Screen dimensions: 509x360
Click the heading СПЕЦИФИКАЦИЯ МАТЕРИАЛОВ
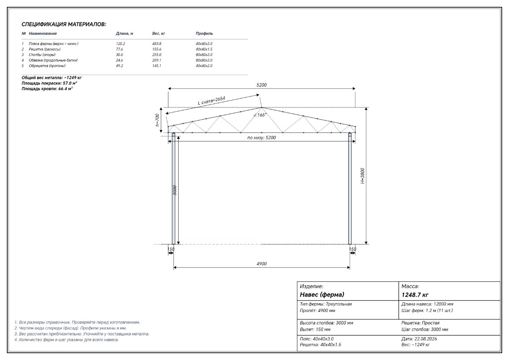(64, 24)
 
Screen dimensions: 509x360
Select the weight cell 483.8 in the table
(157, 44)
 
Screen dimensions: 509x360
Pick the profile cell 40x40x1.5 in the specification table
(204, 49)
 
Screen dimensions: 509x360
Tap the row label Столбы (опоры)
(42, 55)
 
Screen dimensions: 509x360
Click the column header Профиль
(204, 34)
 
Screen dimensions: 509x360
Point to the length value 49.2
(120, 66)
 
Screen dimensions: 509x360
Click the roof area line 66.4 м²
(47, 89)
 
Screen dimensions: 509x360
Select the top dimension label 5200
(262, 85)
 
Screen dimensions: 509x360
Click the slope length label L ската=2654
(212, 101)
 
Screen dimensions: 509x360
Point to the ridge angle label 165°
(260, 115)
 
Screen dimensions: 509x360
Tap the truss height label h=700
(157, 120)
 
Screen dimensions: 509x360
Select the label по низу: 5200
(262, 138)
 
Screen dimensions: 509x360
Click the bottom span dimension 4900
(262, 264)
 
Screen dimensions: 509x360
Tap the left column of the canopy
(173, 188)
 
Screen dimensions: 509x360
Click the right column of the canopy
(350, 188)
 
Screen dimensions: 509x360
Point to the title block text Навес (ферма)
(322, 295)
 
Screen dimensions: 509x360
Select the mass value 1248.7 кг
(415, 295)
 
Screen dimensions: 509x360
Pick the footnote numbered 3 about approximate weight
(82, 334)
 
